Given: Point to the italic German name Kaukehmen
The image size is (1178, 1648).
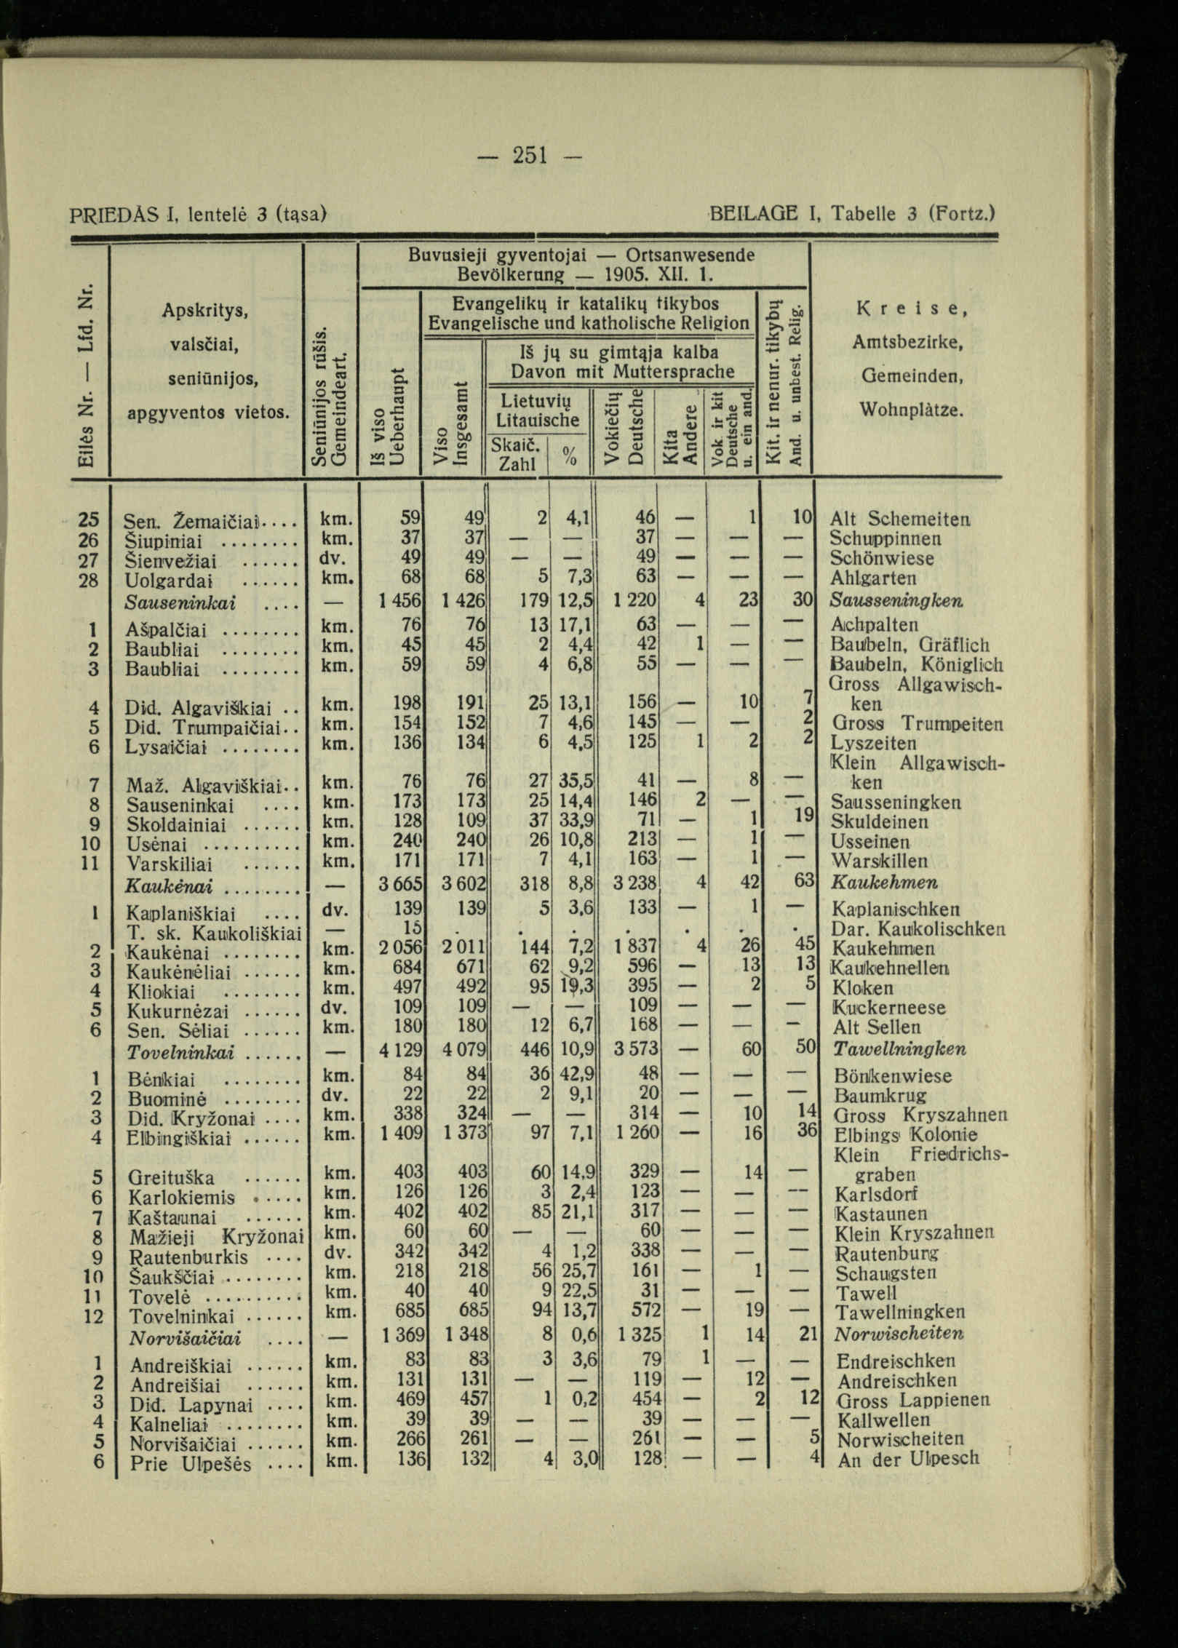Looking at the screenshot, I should (884, 883).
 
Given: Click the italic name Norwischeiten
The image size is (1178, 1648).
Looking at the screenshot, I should (899, 1334).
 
